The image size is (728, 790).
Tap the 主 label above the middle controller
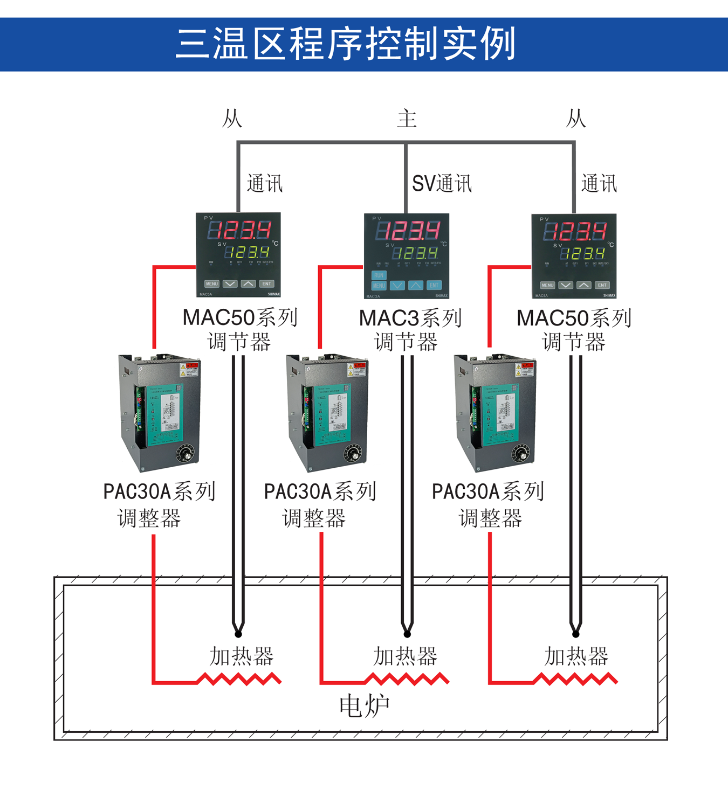click(x=407, y=119)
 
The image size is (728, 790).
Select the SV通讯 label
click(x=442, y=184)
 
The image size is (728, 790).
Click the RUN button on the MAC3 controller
click(x=379, y=275)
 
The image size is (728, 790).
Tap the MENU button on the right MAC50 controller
click(x=547, y=285)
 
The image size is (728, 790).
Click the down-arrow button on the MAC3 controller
click(x=397, y=286)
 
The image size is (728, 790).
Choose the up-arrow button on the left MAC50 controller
click(x=248, y=284)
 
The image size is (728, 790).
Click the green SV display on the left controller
click(x=246, y=252)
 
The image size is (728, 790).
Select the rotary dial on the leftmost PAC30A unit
click(x=187, y=453)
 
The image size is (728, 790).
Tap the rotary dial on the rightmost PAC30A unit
click(x=521, y=453)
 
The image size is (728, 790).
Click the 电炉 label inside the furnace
click(x=365, y=706)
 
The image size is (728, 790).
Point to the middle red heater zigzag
click(x=407, y=678)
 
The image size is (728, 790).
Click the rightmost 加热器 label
click(x=576, y=656)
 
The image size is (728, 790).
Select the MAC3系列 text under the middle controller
click(x=410, y=318)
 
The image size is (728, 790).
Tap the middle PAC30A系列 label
click(x=320, y=491)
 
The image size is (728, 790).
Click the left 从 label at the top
click(x=232, y=119)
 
